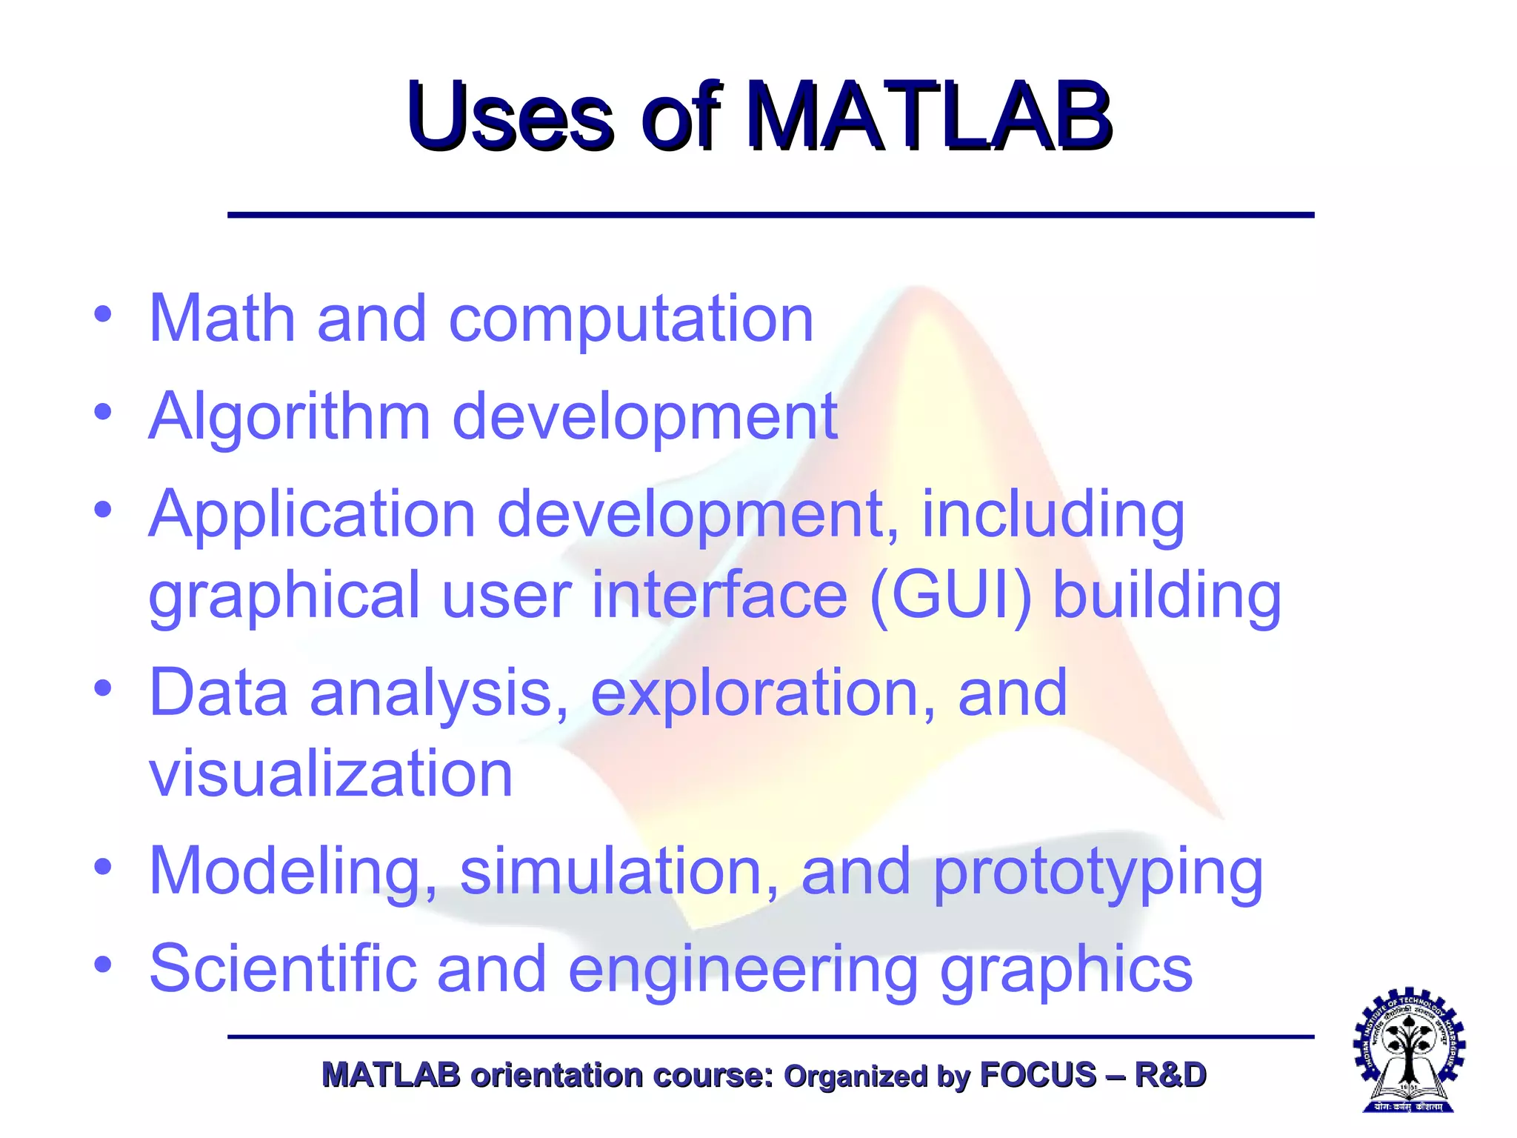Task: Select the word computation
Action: point(631,320)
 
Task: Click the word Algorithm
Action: point(290,418)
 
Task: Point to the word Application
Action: point(312,516)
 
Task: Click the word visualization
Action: point(330,773)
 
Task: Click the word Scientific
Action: point(282,968)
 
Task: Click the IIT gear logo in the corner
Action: point(1408,1048)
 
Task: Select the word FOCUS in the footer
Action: point(1037,1075)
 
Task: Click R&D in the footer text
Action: point(1170,1075)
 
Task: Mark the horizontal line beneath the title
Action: point(770,215)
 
